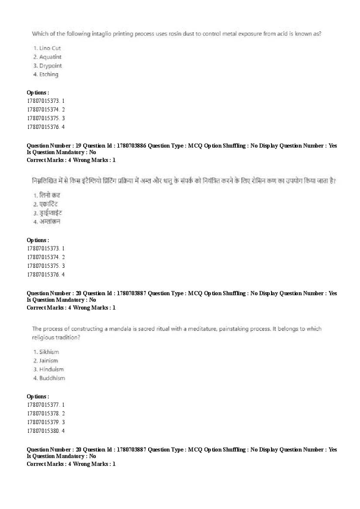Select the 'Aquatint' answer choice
click(x=50, y=57)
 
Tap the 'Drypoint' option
click(x=51, y=66)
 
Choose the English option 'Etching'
click(x=48, y=74)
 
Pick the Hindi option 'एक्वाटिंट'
click(x=48, y=204)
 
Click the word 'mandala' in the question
click(x=120, y=329)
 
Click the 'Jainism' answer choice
click(x=48, y=361)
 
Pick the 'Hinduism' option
click(x=51, y=369)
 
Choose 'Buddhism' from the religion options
click(x=52, y=378)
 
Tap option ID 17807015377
click(x=42, y=405)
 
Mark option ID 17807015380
click(x=42, y=431)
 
